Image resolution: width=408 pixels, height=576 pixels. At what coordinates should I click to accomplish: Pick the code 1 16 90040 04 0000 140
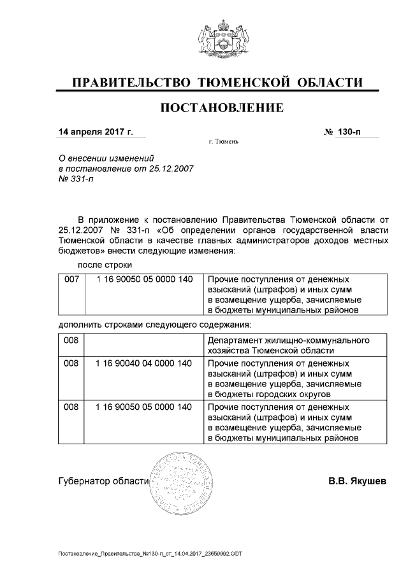[143, 363]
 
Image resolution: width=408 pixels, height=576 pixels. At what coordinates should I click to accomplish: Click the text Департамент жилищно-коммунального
[289, 341]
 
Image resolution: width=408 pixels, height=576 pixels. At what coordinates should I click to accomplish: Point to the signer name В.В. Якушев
[357, 481]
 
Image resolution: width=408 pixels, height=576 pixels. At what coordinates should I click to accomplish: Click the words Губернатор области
[103, 481]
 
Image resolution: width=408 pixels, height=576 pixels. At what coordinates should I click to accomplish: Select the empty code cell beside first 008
[143, 346]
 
